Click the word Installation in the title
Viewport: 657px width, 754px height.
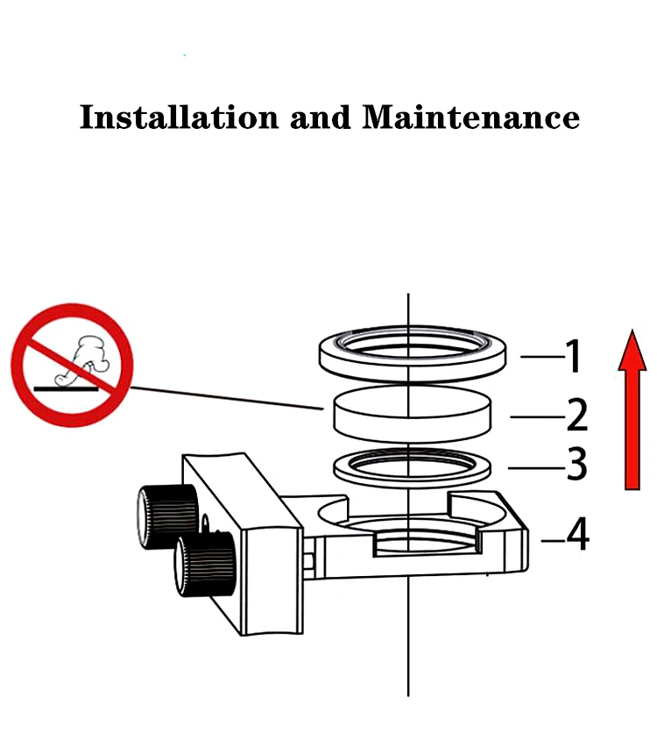point(176,117)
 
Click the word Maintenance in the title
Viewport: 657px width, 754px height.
point(471,117)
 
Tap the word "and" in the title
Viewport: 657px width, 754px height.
point(319,117)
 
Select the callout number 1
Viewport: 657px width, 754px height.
point(572,357)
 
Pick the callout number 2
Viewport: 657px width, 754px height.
point(576,415)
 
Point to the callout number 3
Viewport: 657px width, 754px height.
point(576,466)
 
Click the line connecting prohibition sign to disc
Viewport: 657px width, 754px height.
point(228,397)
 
